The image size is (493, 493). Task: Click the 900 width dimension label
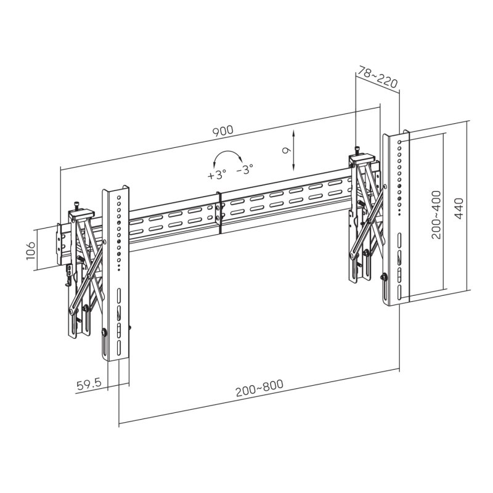[x=222, y=131]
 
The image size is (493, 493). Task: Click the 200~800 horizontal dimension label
[x=259, y=389]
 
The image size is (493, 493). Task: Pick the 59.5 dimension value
[x=89, y=386]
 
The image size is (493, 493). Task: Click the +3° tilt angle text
[x=217, y=174]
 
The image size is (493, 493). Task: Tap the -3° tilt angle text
[x=245, y=168]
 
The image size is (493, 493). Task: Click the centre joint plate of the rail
[x=220, y=213]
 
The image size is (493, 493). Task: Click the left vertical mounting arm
[x=116, y=271]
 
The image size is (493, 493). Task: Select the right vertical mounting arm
[x=394, y=216]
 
